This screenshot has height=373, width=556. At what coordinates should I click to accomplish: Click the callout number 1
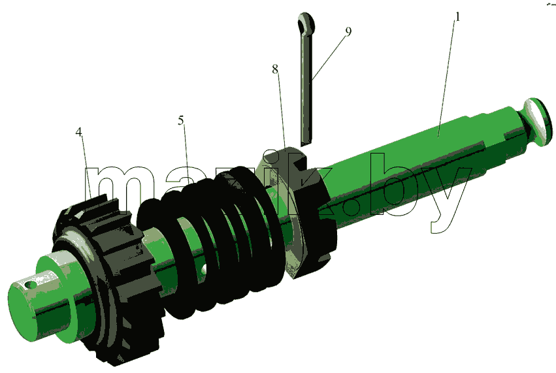(457, 17)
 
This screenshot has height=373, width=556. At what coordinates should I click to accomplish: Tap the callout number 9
(348, 31)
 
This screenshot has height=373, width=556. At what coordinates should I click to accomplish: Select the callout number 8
(275, 69)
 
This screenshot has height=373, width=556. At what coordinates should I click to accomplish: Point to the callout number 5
(181, 121)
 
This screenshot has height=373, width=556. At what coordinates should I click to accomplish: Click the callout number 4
(78, 132)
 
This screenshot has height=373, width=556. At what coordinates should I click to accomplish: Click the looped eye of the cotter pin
(306, 23)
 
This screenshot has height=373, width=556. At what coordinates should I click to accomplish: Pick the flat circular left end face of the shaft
(22, 313)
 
